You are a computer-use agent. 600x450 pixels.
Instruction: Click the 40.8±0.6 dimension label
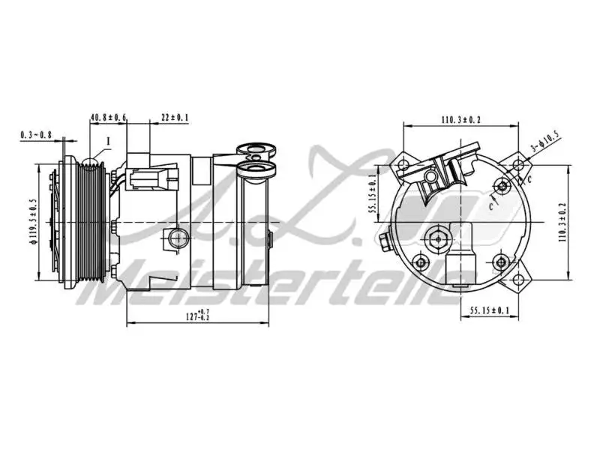point(109,118)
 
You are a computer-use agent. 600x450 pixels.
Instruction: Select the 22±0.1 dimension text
point(175,118)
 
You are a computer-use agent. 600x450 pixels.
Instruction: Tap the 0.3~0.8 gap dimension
point(36,135)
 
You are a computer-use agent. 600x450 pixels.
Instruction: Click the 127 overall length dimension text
point(197,316)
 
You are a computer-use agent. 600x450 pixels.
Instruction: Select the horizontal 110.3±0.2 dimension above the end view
point(460,119)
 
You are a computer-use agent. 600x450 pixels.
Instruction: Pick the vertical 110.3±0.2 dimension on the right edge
point(562,222)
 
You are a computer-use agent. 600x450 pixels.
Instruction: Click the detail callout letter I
point(108,140)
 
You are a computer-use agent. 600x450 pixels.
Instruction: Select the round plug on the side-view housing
point(178,238)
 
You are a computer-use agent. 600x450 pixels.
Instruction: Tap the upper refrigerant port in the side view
point(256,151)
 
